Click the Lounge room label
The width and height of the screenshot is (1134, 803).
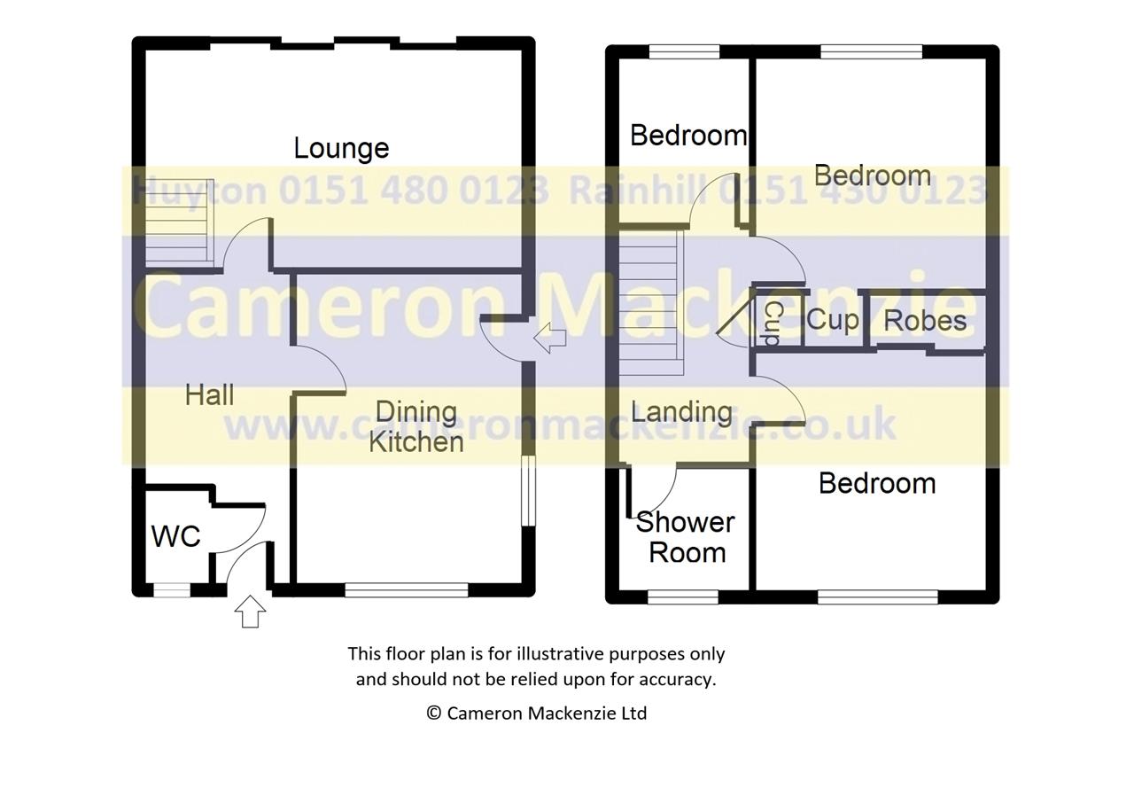[341, 149]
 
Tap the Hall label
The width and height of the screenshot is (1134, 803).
[210, 395]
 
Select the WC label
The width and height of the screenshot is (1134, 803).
[175, 536]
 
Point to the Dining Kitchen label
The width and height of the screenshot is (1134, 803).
[416, 426]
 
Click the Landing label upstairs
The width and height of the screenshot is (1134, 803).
[682, 413]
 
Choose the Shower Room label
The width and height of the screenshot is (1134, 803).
[686, 537]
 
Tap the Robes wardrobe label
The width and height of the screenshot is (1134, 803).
[925, 321]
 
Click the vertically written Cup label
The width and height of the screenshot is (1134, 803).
[773, 323]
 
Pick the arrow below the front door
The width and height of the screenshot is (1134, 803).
[250, 611]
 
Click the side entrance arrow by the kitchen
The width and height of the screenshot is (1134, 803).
[550, 339]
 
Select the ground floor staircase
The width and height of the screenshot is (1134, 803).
[179, 221]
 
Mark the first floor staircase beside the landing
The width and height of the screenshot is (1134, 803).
[651, 303]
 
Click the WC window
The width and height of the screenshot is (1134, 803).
[172, 590]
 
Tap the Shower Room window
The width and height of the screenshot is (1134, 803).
[683, 597]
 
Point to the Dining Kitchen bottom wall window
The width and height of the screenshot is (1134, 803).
[407, 590]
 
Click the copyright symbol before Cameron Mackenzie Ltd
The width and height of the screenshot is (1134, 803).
[434, 713]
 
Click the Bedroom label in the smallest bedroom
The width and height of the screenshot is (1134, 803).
[688, 136]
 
